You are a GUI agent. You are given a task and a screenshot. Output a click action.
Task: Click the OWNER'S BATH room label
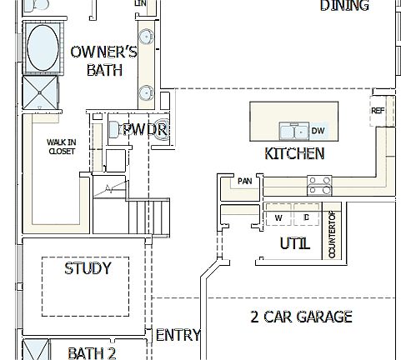coord(103,61)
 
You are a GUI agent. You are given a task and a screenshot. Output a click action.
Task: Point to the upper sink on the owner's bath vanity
coord(145,37)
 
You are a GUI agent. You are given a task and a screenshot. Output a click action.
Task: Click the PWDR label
coord(145,130)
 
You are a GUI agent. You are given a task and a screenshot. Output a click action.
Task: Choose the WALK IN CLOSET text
coord(61,147)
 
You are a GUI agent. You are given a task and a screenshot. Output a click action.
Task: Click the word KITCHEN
coord(294,153)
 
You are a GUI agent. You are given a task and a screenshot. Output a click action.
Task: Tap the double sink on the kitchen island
coord(293,131)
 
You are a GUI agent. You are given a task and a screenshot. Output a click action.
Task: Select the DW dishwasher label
coord(318,131)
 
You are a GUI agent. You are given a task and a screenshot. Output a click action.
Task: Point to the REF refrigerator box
coord(378,111)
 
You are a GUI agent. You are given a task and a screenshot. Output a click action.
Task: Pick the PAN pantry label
coord(244,181)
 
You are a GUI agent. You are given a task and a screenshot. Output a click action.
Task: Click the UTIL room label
coord(294,244)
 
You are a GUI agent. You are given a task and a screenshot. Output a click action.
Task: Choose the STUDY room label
coord(87,268)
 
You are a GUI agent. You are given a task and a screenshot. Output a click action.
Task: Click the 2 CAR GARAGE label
coord(301,317)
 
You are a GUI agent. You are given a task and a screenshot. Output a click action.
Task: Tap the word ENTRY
coord(178,335)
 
